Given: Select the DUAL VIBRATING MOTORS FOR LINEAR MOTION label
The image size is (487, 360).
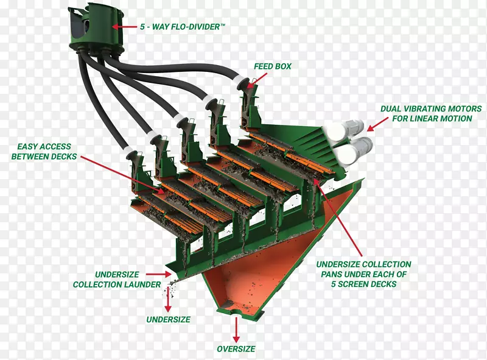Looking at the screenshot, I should [426, 113].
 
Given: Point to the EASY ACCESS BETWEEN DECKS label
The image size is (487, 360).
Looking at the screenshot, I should [44, 152].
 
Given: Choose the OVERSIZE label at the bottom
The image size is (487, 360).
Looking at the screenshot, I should [236, 349].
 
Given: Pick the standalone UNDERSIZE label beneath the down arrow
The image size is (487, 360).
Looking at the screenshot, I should [168, 319].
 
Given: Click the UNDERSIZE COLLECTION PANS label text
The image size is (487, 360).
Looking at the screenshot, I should [364, 274].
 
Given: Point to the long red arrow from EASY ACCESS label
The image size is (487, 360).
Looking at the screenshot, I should [122, 174].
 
